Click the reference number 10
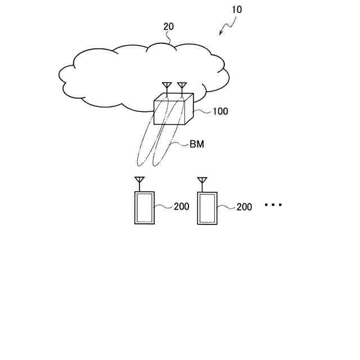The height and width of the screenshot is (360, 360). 237,9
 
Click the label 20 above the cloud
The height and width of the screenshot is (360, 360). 169,26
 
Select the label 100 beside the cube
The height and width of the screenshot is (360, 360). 220,111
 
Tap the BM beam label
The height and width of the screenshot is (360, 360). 196,145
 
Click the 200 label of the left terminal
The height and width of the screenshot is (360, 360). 181,206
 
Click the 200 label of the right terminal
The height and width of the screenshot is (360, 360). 244,207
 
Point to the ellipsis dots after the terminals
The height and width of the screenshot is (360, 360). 273,205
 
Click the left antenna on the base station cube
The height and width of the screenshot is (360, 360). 167,88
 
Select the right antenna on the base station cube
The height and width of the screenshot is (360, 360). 182,88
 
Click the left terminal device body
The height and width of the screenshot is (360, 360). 144,208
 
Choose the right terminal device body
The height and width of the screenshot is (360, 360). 207,208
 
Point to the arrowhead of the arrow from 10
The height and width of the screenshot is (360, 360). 222,34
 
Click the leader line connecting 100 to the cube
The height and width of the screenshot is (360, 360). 202,111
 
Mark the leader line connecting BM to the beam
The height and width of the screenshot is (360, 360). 180,146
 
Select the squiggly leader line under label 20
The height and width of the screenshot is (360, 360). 169,38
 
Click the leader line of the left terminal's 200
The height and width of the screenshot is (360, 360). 164,207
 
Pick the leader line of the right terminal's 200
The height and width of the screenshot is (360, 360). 226,207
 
